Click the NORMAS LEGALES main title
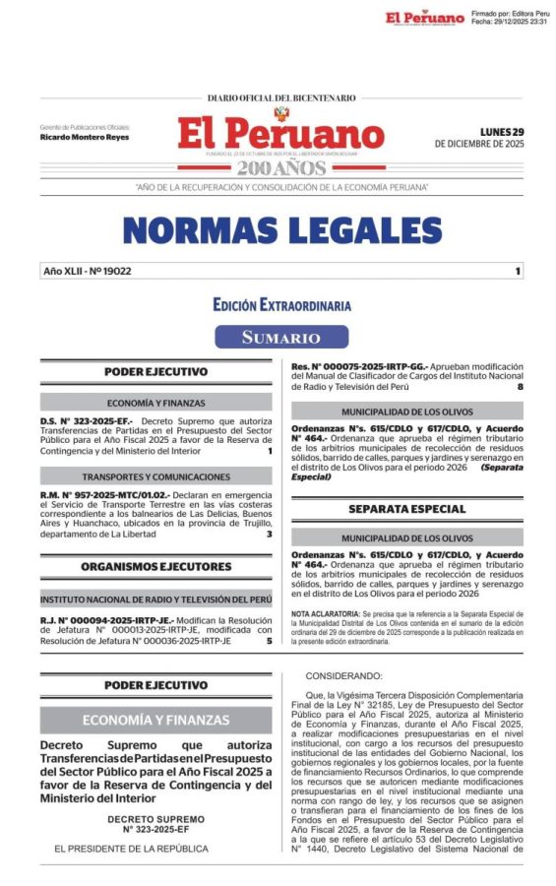(281, 229)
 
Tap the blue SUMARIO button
(281, 338)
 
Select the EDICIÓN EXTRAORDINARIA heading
(281, 306)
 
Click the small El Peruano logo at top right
(424, 18)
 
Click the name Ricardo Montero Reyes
(85, 137)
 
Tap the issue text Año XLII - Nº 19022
(88, 271)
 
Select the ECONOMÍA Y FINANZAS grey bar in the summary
(157, 403)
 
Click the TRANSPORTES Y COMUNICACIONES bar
(157, 476)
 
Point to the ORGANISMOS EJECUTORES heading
(157, 566)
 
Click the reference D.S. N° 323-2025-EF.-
(82, 420)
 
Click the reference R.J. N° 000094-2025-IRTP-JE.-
(107, 620)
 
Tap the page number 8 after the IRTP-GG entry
(520, 387)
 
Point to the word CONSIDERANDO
(343, 676)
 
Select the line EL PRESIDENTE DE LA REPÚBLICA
(131, 849)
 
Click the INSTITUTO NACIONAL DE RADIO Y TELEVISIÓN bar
(157, 600)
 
